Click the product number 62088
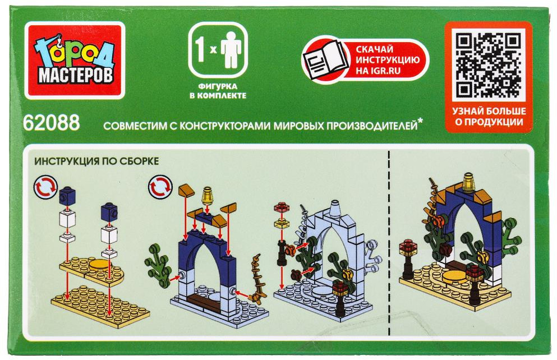(x=51, y=123)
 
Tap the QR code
(x=488, y=64)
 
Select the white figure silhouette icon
(x=231, y=49)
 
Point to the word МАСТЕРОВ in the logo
(x=75, y=75)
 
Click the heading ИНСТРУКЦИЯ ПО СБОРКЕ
(x=96, y=161)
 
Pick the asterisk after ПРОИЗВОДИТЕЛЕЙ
(x=421, y=122)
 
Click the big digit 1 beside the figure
(x=200, y=49)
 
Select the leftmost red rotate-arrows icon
(x=46, y=186)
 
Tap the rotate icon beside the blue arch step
(x=160, y=186)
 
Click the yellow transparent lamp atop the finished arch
(x=469, y=182)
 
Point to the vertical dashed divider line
(x=389, y=243)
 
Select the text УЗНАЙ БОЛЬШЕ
(x=489, y=111)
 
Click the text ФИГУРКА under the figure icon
(x=218, y=86)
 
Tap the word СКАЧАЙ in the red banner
(x=374, y=49)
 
